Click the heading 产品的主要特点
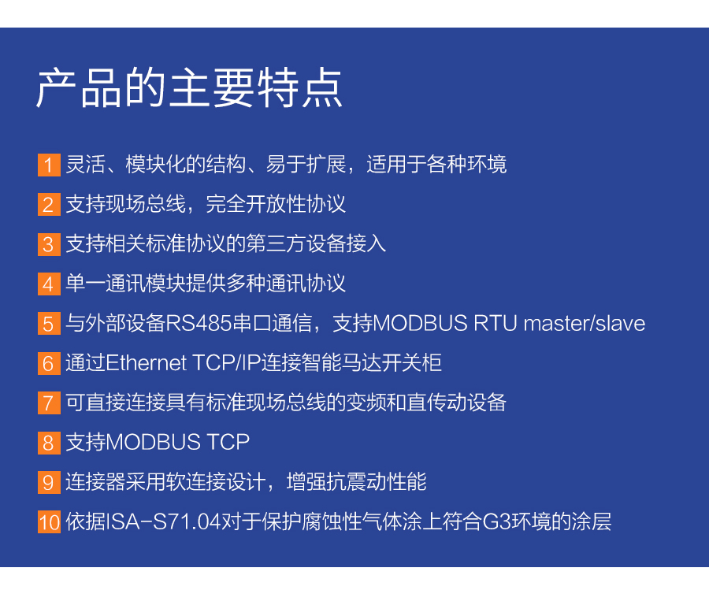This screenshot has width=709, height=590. (x=189, y=88)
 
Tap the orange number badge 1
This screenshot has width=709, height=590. (x=49, y=165)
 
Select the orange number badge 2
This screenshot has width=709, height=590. (x=49, y=205)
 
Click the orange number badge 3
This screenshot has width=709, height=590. (x=49, y=244)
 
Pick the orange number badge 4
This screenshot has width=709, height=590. (x=49, y=284)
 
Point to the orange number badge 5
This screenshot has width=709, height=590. (x=49, y=323)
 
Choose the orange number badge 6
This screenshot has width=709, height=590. (x=49, y=363)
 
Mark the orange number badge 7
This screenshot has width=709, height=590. (x=49, y=403)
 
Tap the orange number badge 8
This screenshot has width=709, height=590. (x=49, y=442)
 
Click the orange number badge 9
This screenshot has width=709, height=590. (x=49, y=481)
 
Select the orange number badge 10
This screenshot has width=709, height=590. (x=49, y=521)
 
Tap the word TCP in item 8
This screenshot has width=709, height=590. (x=228, y=442)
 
